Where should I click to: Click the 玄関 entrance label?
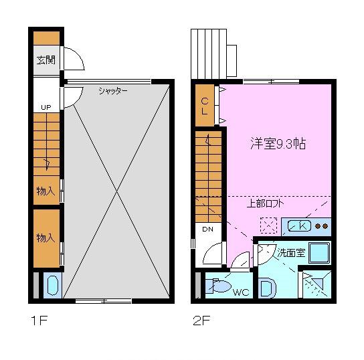pyautogui.click(x=45, y=60)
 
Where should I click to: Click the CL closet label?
pyautogui.click(x=205, y=106)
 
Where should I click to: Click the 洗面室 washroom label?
pyautogui.click(x=292, y=253)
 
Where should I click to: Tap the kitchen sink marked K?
pyautogui.click(x=300, y=226)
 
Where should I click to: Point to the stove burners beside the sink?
pyautogui.click(x=322, y=226)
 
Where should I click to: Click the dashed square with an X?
pyautogui.click(x=269, y=226)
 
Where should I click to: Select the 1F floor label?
pyautogui.click(x=38, y=319)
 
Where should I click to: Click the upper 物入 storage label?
pyautogui.click(x=45, y=191)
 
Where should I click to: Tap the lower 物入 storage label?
pyautogui.click(x=45, y=238)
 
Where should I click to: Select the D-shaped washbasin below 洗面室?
pyautogui.click(x=266, y=287)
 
